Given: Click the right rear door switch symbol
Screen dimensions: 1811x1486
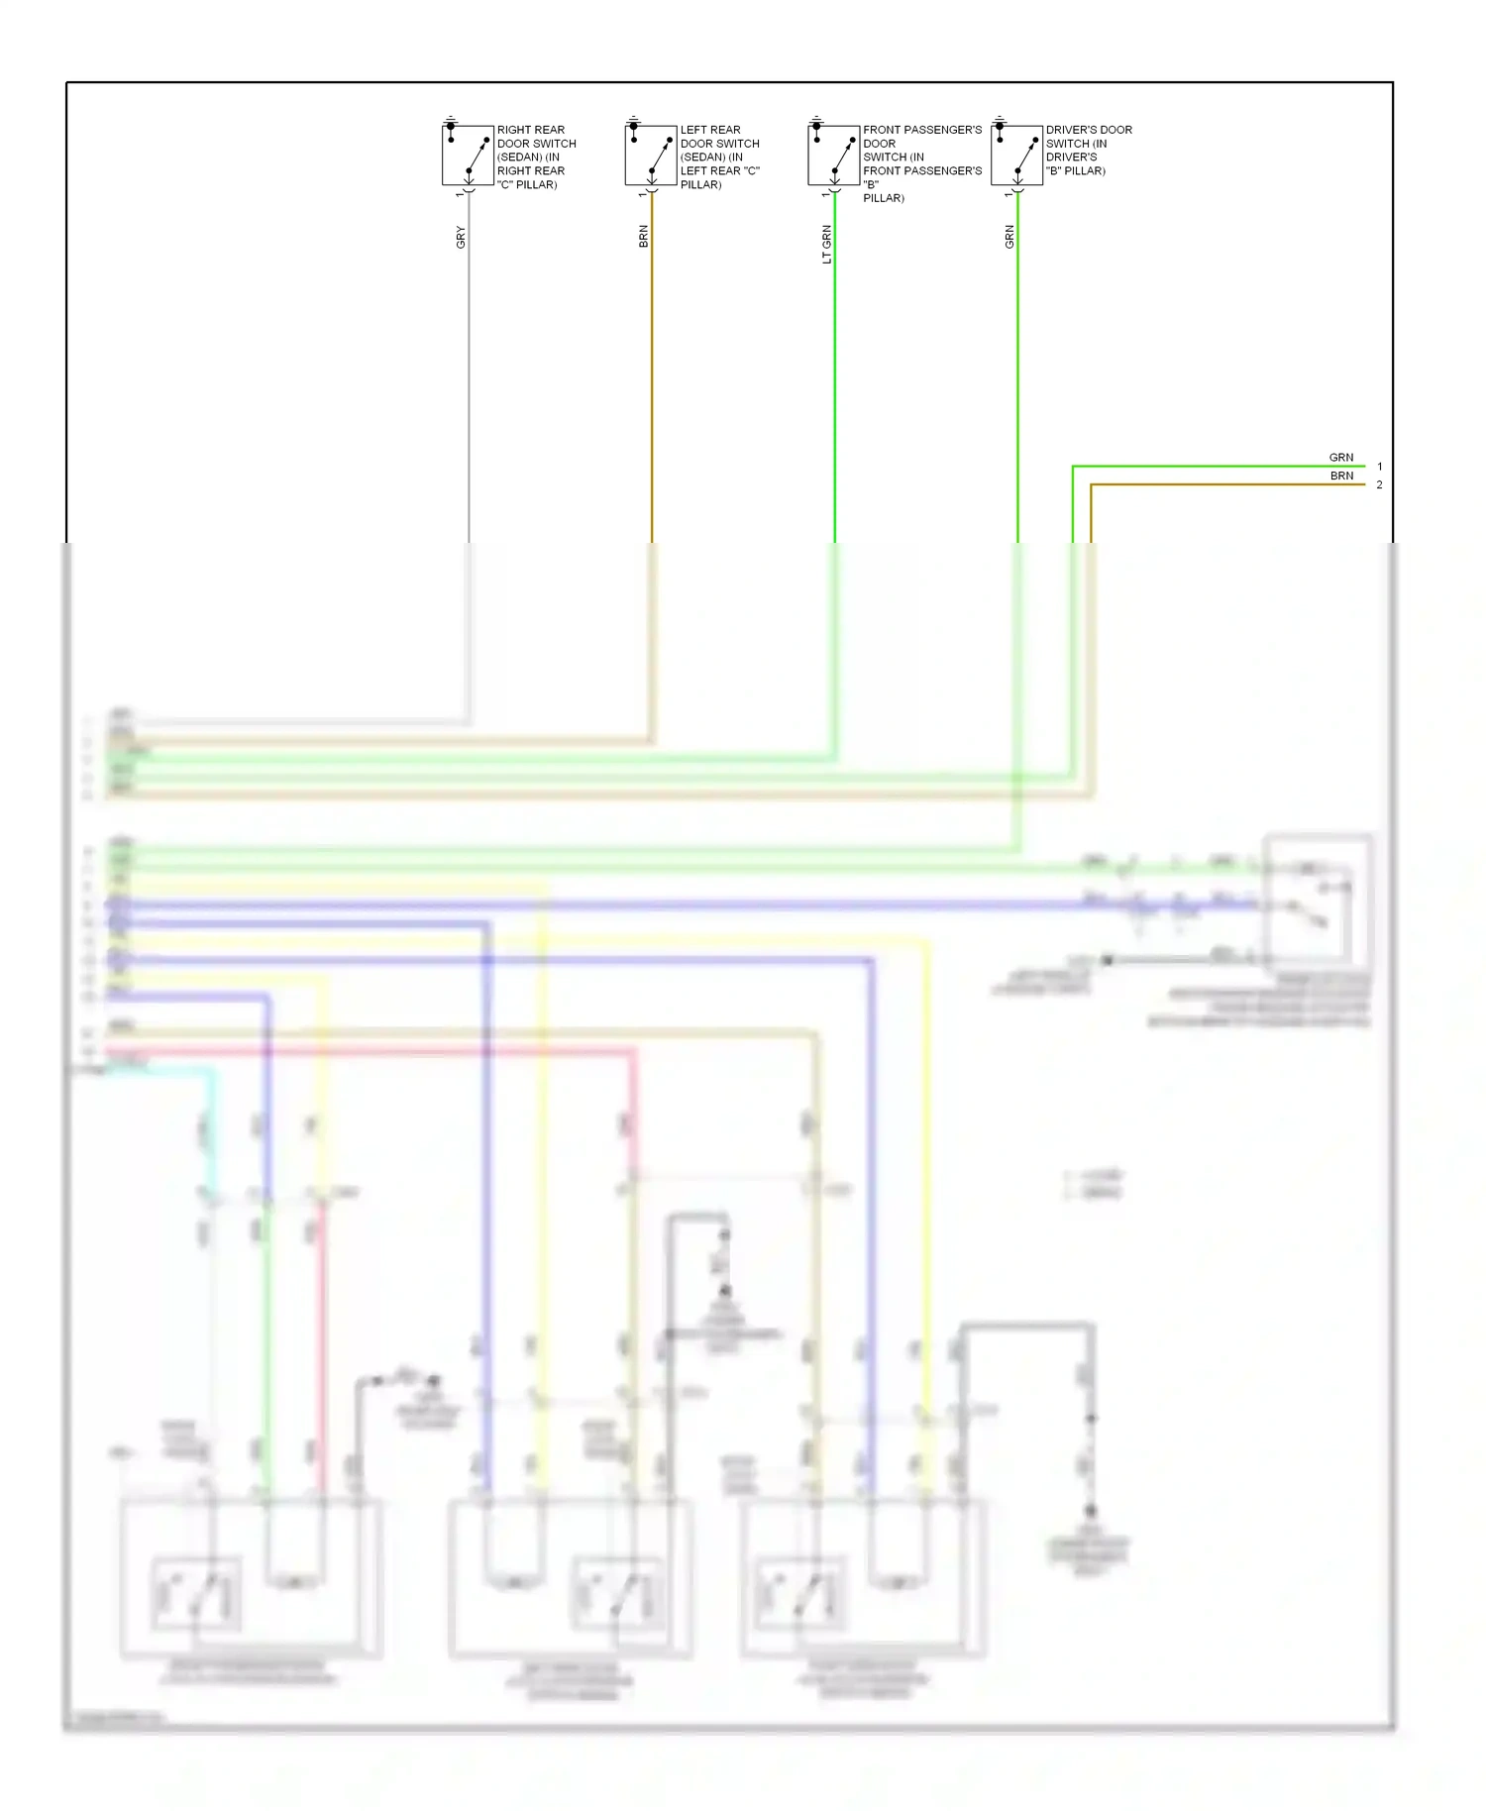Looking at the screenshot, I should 468,155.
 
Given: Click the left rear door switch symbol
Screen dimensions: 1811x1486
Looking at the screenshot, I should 651,155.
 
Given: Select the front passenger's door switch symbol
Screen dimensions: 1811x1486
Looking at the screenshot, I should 833,155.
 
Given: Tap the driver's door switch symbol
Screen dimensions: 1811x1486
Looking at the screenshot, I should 1016,155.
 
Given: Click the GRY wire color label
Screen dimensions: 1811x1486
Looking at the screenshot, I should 461,237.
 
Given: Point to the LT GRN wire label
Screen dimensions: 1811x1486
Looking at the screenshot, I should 827,244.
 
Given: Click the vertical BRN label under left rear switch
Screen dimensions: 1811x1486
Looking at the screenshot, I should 644,236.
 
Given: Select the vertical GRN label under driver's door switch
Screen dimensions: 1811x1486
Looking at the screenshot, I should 1009,237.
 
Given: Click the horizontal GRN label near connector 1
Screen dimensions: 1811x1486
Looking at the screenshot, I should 1340,458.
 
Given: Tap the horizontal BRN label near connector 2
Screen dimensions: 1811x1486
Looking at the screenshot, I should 1341,476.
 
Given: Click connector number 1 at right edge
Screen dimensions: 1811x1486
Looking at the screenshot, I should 1379,467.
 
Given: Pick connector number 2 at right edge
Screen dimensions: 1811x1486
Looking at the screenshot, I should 1379,484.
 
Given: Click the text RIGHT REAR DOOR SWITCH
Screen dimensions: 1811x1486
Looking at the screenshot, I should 535,137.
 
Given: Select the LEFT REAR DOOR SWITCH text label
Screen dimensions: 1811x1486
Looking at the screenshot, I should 718,137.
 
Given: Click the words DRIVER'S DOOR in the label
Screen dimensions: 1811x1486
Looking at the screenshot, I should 1089,130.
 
